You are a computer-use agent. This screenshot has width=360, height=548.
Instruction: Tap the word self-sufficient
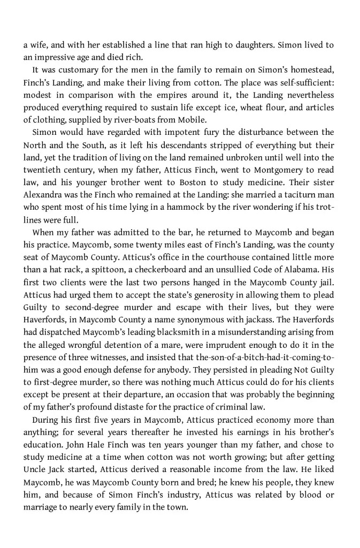click(x=305, y=82)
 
